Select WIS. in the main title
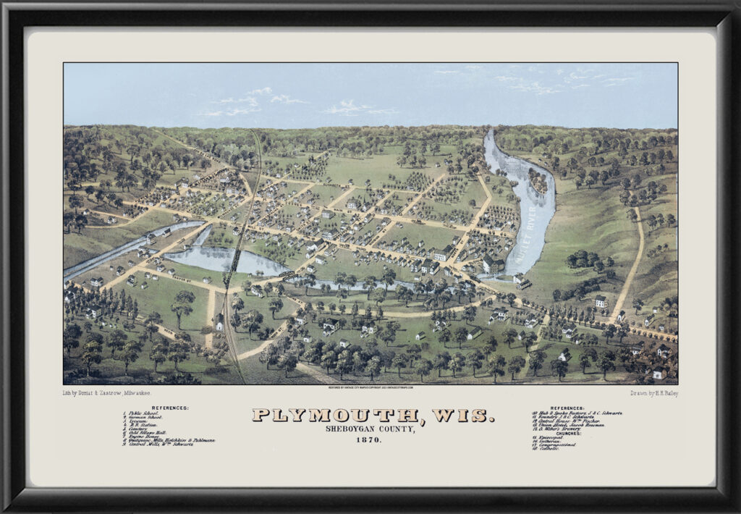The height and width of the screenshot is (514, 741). point(463,416)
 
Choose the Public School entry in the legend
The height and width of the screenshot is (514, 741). point(145,413)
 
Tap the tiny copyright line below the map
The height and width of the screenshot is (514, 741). point(370,388)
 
